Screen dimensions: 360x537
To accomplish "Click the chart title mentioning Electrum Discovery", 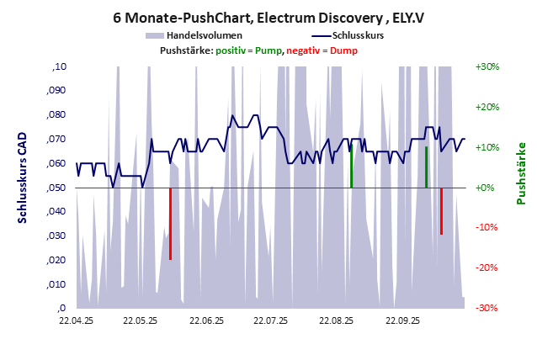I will pos(268,16).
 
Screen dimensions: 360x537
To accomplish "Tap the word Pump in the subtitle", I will pos(268,50).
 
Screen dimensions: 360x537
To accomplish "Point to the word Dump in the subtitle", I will pos(343,50).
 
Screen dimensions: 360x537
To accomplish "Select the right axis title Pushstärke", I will pos(521,173).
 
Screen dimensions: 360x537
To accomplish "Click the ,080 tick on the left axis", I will pos(54,115).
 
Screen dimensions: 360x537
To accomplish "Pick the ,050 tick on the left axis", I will pos(54,188).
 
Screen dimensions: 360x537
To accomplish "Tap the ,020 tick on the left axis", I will pos(54,260).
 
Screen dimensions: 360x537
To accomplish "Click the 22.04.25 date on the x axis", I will pos(76,320).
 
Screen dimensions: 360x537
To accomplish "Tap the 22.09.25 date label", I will pos(402,320).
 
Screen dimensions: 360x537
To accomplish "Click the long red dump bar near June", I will pos(170,224).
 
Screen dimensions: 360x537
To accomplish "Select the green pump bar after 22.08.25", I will pos(351,167).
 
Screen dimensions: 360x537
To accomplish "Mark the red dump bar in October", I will pos(441,211).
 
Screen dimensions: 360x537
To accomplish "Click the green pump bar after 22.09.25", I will pos(426,167).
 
